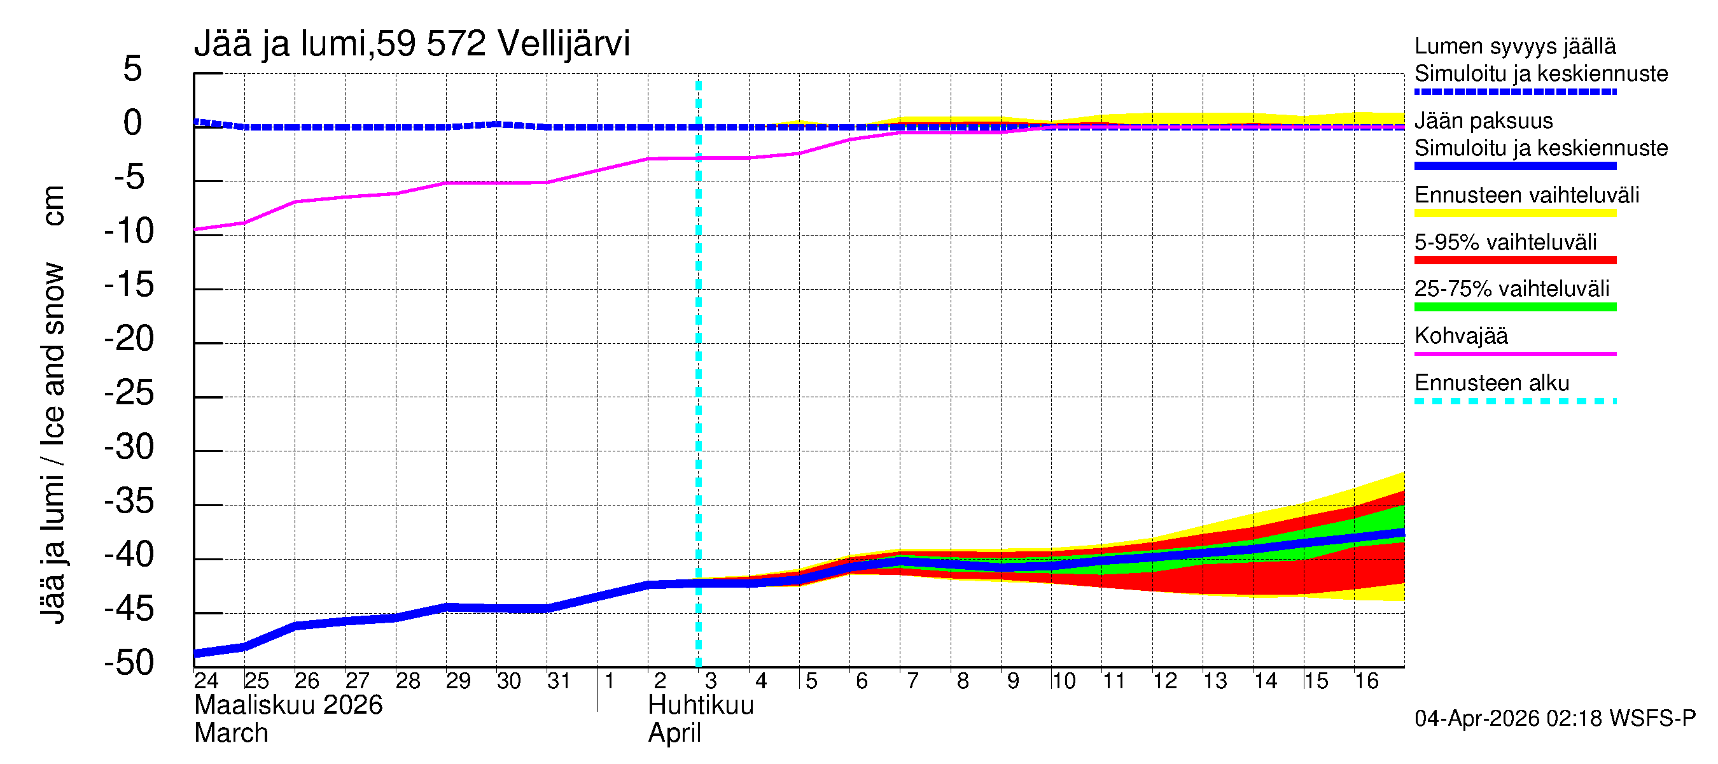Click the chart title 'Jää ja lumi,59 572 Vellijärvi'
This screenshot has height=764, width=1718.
(412, 44)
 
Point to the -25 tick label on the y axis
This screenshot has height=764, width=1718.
(129, 393)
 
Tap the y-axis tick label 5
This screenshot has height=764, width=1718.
(133, 69)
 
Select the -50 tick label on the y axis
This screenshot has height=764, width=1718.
(129, 663)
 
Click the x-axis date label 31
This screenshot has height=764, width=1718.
(558, 681)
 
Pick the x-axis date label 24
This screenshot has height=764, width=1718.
(206, 681)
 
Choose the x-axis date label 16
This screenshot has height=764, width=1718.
(1366, 681)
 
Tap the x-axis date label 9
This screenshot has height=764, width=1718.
(1012, 681)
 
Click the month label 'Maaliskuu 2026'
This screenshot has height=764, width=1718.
(288, 705)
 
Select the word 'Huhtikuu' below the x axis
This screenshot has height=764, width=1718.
(701, 705)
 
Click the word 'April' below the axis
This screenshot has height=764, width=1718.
(674, 733)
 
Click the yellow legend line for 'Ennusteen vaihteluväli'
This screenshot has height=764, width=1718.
(1514, 213)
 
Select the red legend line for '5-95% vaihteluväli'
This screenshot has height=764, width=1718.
(1514, 260)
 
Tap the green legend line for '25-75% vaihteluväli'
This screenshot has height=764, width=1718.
(1514, 307)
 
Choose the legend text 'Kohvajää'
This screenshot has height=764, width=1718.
(1460, 336)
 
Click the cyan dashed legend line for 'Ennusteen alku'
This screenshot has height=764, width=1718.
(1514, 401)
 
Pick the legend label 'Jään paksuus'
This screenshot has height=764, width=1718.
(1483, 121)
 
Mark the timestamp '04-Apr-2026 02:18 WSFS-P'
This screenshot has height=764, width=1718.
(1554, 718)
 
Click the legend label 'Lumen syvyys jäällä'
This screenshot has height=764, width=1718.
(1514, 46)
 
